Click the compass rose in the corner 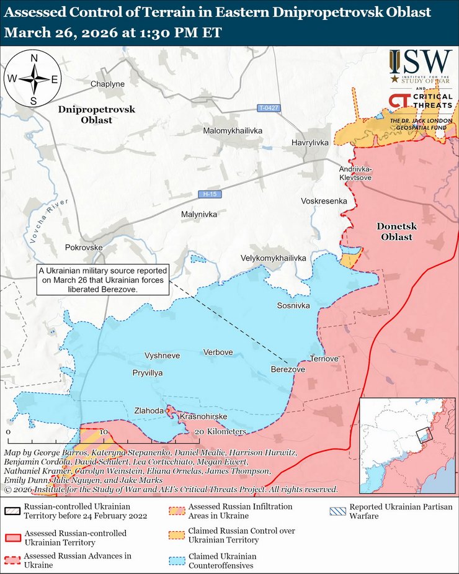click(33, 79)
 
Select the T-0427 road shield click(269, 108)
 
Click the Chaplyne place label click(108, 84)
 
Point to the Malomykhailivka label click(233, 131)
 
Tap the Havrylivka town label click(310, 143)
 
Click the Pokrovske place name click(83, 247)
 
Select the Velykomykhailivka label click(274, 258)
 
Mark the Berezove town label click(288, 369)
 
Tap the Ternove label click(324, 359)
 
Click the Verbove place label click(218, 352)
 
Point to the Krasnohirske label click(203, 416)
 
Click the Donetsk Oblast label click(396, 232)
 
